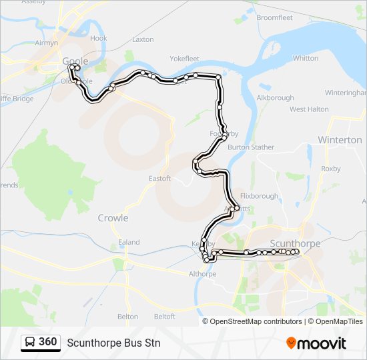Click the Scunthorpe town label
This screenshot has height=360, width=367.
tap(296, 243)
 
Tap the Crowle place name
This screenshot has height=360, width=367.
tap(113, 218)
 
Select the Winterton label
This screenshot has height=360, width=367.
tap(340, 140)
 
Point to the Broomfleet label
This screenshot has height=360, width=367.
tap(274, 17)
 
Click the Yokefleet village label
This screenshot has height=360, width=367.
tap(185, 59)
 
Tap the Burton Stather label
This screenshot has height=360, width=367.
tap(251, 147)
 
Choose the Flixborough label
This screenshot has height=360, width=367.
tap(260, 196)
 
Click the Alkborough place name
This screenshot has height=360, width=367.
tap(276, 97)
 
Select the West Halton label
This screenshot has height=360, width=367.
tap(309, 109)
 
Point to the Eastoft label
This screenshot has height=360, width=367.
tap(160, 179)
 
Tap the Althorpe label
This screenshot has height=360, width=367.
tap(203, 273)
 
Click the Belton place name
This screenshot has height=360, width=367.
tap(127, 317)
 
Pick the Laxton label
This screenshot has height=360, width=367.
tap(143, 39)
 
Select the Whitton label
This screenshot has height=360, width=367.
tap(306, 58)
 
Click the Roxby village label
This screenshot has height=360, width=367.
tap(331, 169)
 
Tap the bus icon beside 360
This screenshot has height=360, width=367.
tap(29, 343)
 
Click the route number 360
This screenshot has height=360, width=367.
tap(47, 343)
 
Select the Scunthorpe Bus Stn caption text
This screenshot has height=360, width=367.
tap(113, 343)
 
